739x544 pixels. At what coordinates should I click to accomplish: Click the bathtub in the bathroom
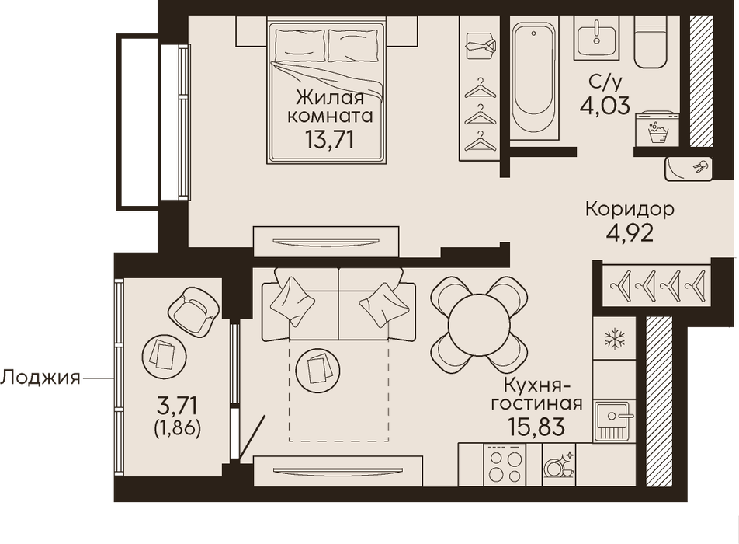point(534,78)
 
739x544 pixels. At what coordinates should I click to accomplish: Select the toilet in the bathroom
point(651,41)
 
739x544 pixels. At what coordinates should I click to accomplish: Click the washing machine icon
point(657,130)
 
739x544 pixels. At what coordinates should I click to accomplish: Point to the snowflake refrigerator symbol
point(615,338)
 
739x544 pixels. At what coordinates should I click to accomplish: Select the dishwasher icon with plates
point(559,466)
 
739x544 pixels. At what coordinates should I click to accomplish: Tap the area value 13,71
point(329,140)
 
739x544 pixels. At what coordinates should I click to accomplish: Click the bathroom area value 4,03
point(605,106)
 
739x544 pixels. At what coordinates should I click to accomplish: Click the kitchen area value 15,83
point(536,427)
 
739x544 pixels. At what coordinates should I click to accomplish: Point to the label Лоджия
point(40,378)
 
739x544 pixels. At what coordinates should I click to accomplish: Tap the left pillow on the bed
point(300,45)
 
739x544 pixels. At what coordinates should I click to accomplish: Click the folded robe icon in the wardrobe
point(481,46)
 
